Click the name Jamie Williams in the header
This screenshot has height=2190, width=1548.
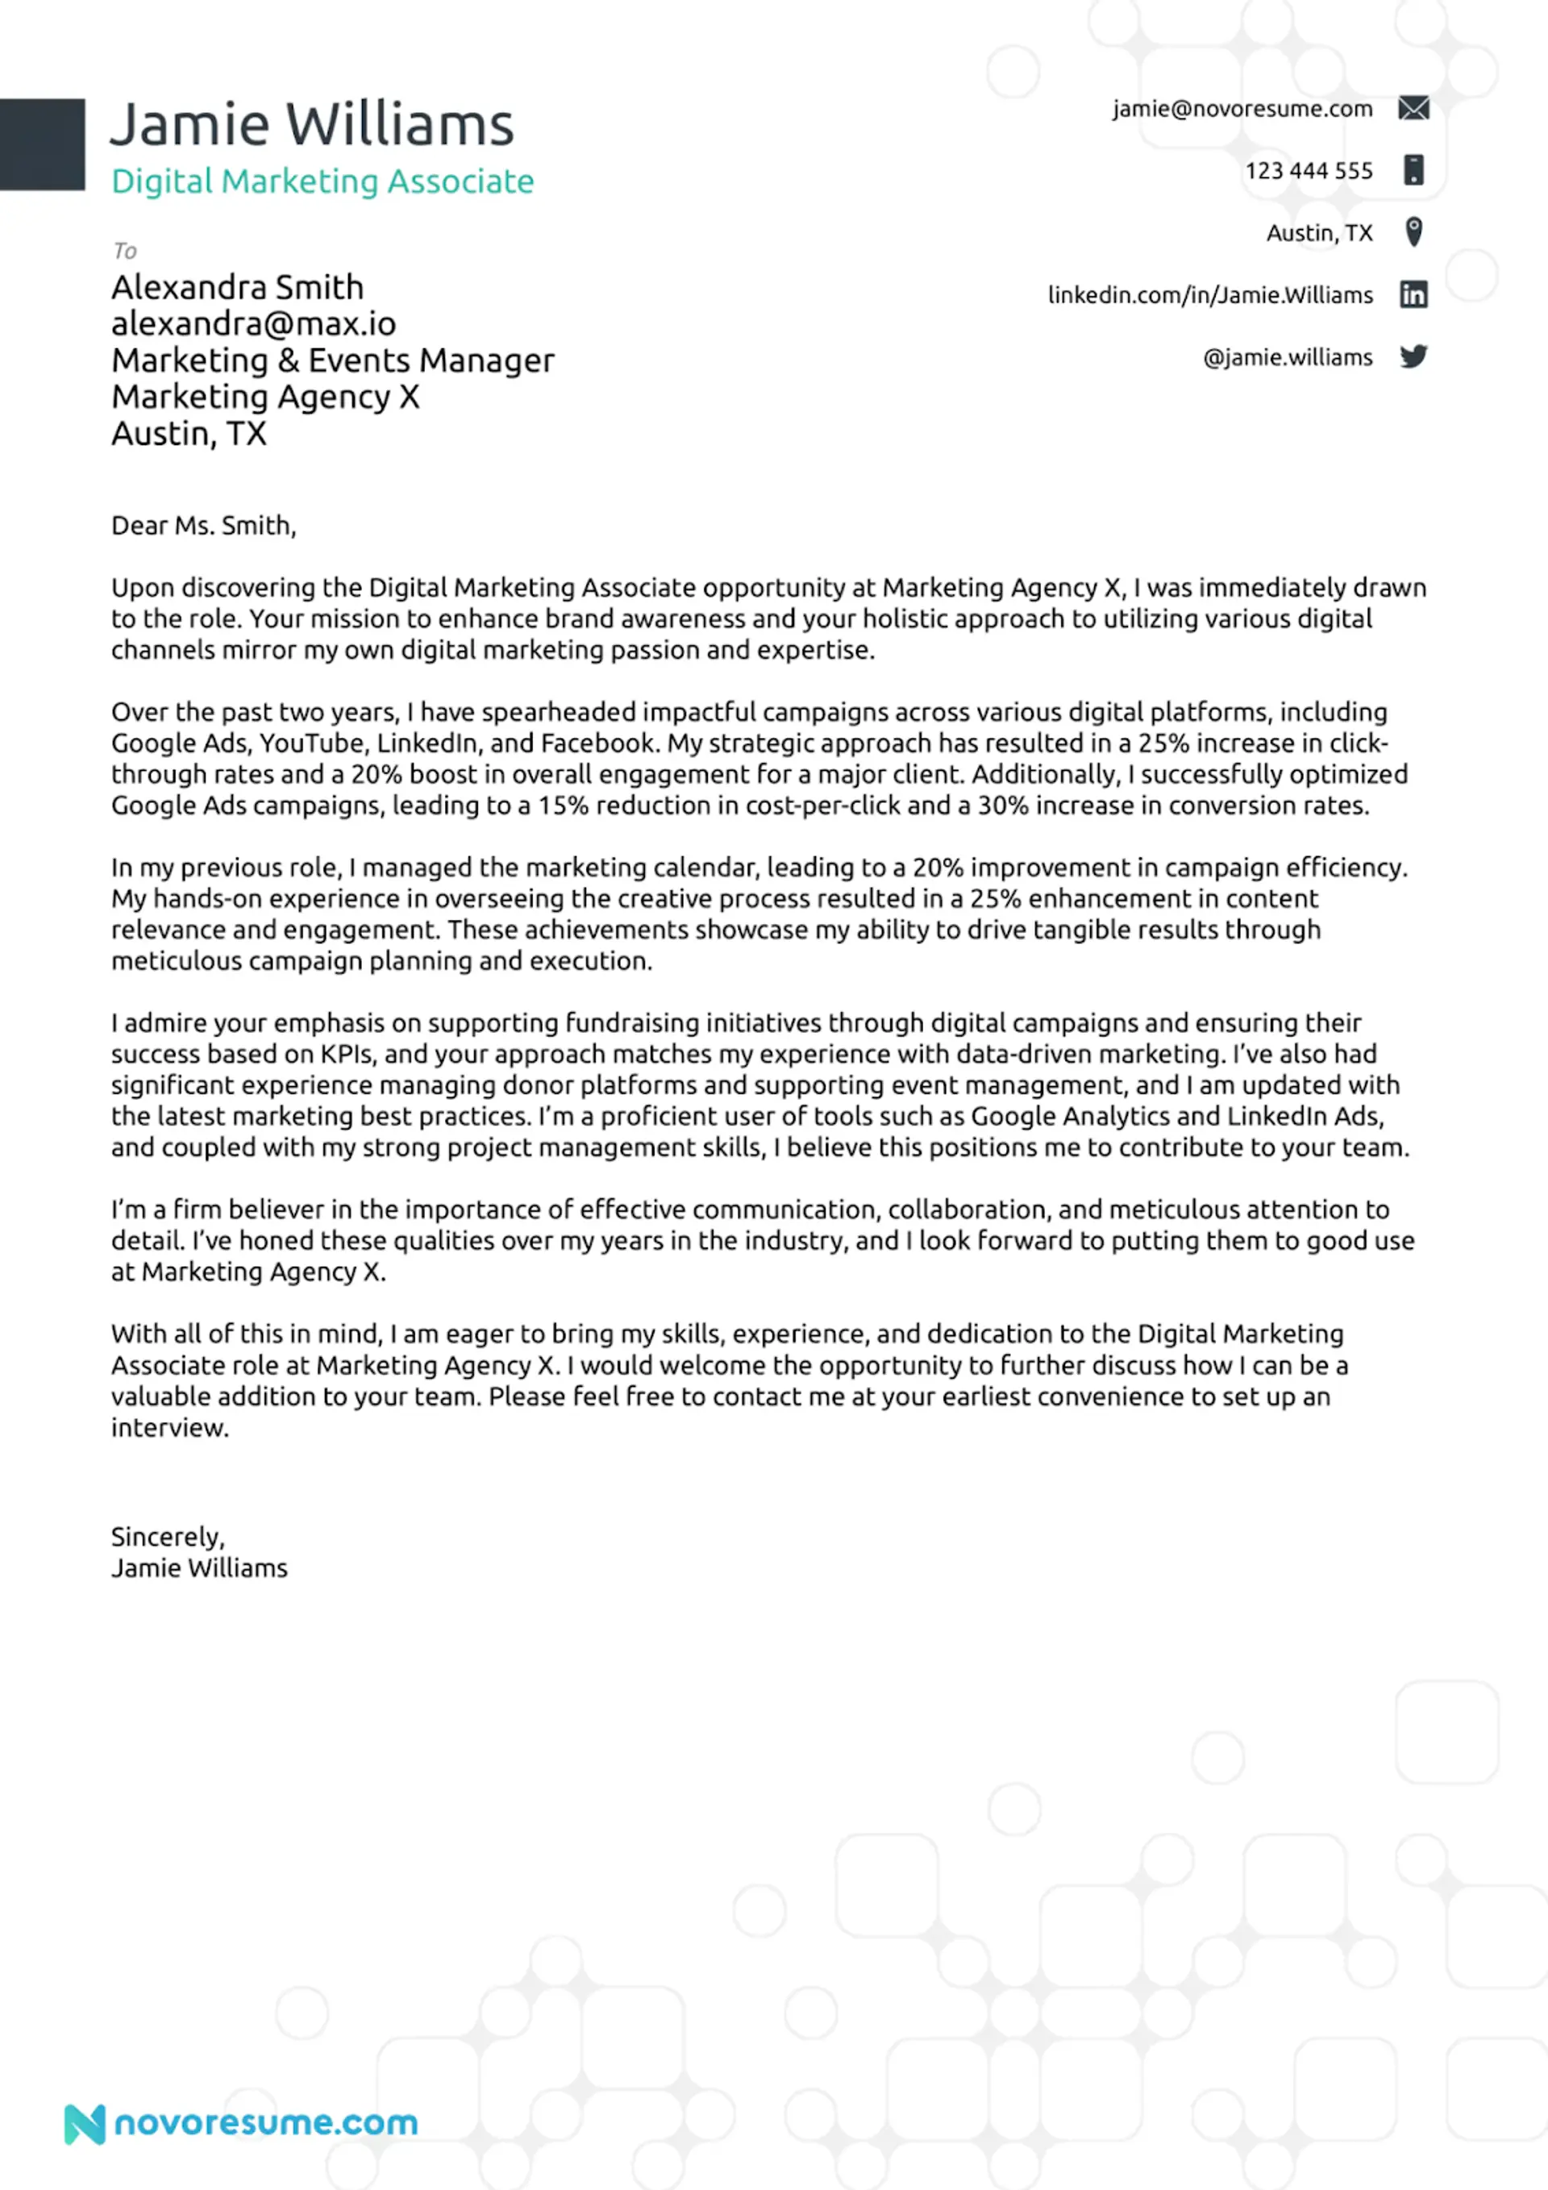(x=312, y=125)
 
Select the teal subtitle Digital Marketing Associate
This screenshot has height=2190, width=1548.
(x=322, y=181)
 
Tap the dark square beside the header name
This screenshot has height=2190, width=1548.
(x=42, y=144)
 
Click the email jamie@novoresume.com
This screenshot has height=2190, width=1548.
(x=1242, y=109)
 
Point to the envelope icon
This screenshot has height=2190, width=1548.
(x=1413, y=109)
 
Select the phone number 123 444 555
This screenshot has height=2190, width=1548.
(x=1308, y=171)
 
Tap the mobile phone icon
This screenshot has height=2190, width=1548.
(x=1413, y=170)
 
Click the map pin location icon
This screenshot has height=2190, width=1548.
(x=1413, y=231)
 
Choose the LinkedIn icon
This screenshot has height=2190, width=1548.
(x=1413, y=295)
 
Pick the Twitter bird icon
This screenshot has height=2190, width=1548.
(x=1413, y=356)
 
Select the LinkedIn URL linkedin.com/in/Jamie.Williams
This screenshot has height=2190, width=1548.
(x=1209, y=296)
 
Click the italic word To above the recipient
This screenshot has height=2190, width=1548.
(x=125, y=251)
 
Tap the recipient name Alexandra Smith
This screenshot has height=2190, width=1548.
(x=238, y=287)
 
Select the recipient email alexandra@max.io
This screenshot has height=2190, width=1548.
(x=254, y=324)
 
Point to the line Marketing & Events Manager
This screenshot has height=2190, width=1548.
(x=332, y=360)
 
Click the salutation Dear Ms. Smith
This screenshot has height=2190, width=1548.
(x=203, y=526)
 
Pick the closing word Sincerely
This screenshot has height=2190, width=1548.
(x=168, y=1537)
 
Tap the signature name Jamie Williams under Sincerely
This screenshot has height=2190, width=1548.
(x=199, y=1568)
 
